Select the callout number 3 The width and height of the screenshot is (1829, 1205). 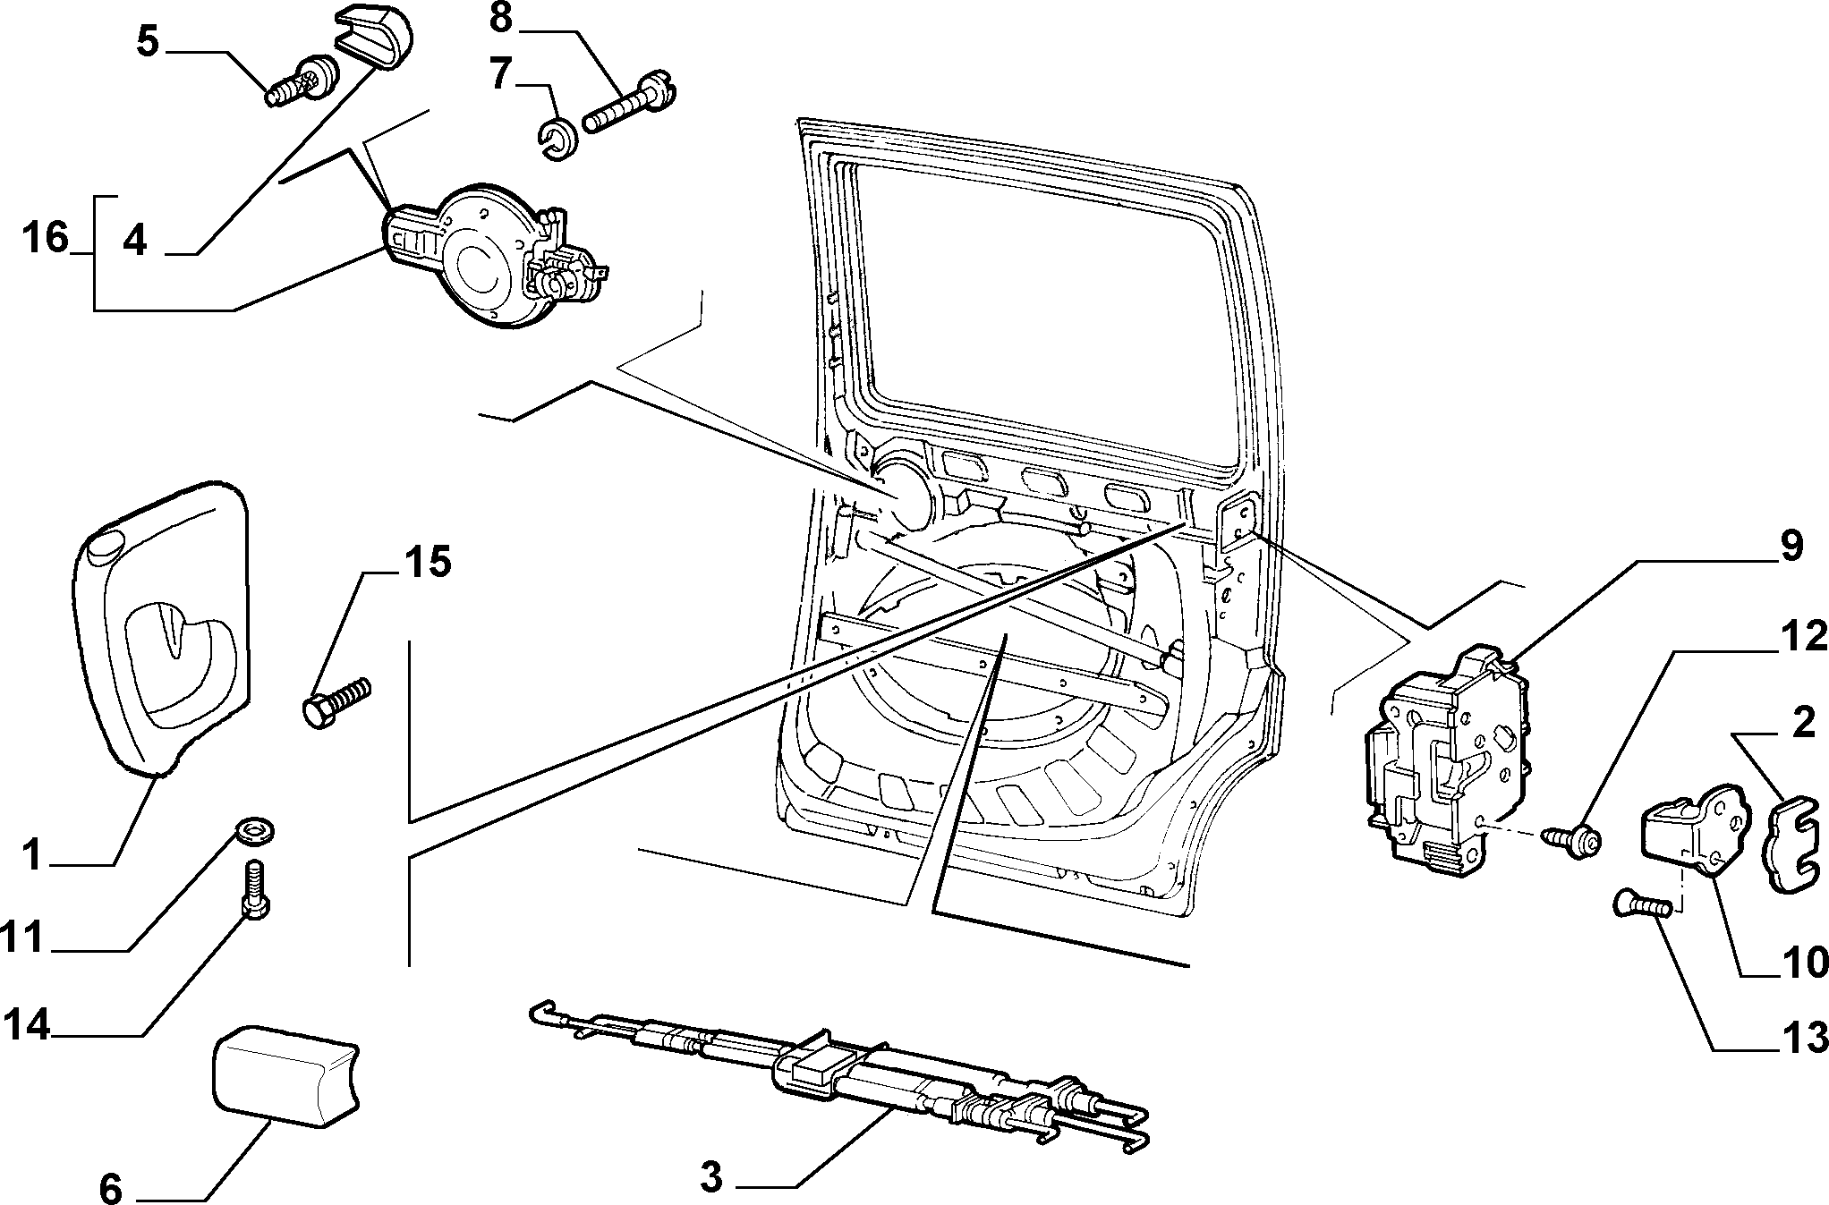pos(711,1177)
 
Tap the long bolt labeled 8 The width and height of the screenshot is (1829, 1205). pos(631,100)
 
